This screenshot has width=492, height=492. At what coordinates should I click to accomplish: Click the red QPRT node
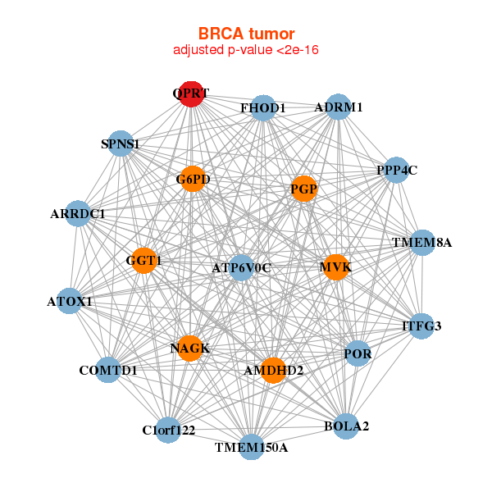[x=191, y=93]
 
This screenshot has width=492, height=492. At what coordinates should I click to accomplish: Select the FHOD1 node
[x=262, y=107]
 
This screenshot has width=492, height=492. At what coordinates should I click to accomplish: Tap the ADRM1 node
[x=338, y=107]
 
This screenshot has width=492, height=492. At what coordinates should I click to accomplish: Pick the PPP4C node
[x=396, y=170]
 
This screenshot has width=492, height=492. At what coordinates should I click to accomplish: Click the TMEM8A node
[x=422, y=243]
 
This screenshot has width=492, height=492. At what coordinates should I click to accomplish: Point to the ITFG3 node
[x=421, y=326]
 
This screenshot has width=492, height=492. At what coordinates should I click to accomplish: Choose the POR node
[x=358, y=353]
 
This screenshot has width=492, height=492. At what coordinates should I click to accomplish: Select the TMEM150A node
[x=251, y=447]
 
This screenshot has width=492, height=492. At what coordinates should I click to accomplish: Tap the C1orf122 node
[x=168, y=430]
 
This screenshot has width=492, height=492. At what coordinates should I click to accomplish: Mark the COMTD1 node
[x=108, y=370]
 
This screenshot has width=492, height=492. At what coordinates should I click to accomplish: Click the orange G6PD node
[x=191, y=179]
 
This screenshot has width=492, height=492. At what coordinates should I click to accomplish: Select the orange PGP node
[x=303, y=189]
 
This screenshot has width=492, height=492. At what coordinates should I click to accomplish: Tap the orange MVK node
[x=335, y=267]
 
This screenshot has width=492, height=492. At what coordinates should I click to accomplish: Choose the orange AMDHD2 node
[x=273, y=371]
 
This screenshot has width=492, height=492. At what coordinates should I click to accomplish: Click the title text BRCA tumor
[x=246, y=34]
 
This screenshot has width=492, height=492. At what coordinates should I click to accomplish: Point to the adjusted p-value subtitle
[x=246, y=50]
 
